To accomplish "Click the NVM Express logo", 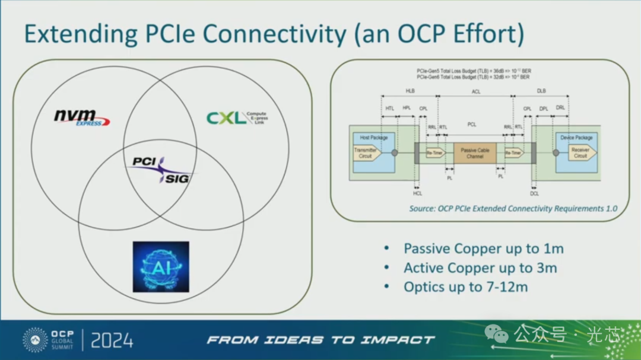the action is point(82,116).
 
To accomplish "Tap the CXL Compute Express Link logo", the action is point(237,117).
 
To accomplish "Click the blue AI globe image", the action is point(161,266).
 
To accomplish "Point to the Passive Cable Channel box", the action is point(475,153).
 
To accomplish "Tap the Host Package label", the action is point(373,138).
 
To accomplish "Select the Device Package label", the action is point(576,138).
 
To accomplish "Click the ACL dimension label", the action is point(475,91).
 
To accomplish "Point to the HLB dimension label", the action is point(410,91).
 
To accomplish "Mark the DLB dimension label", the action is point(541,91).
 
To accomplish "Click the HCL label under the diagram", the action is point(417,193).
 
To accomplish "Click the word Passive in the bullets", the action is point(429,249).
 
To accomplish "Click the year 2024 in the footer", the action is point(112,340).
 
